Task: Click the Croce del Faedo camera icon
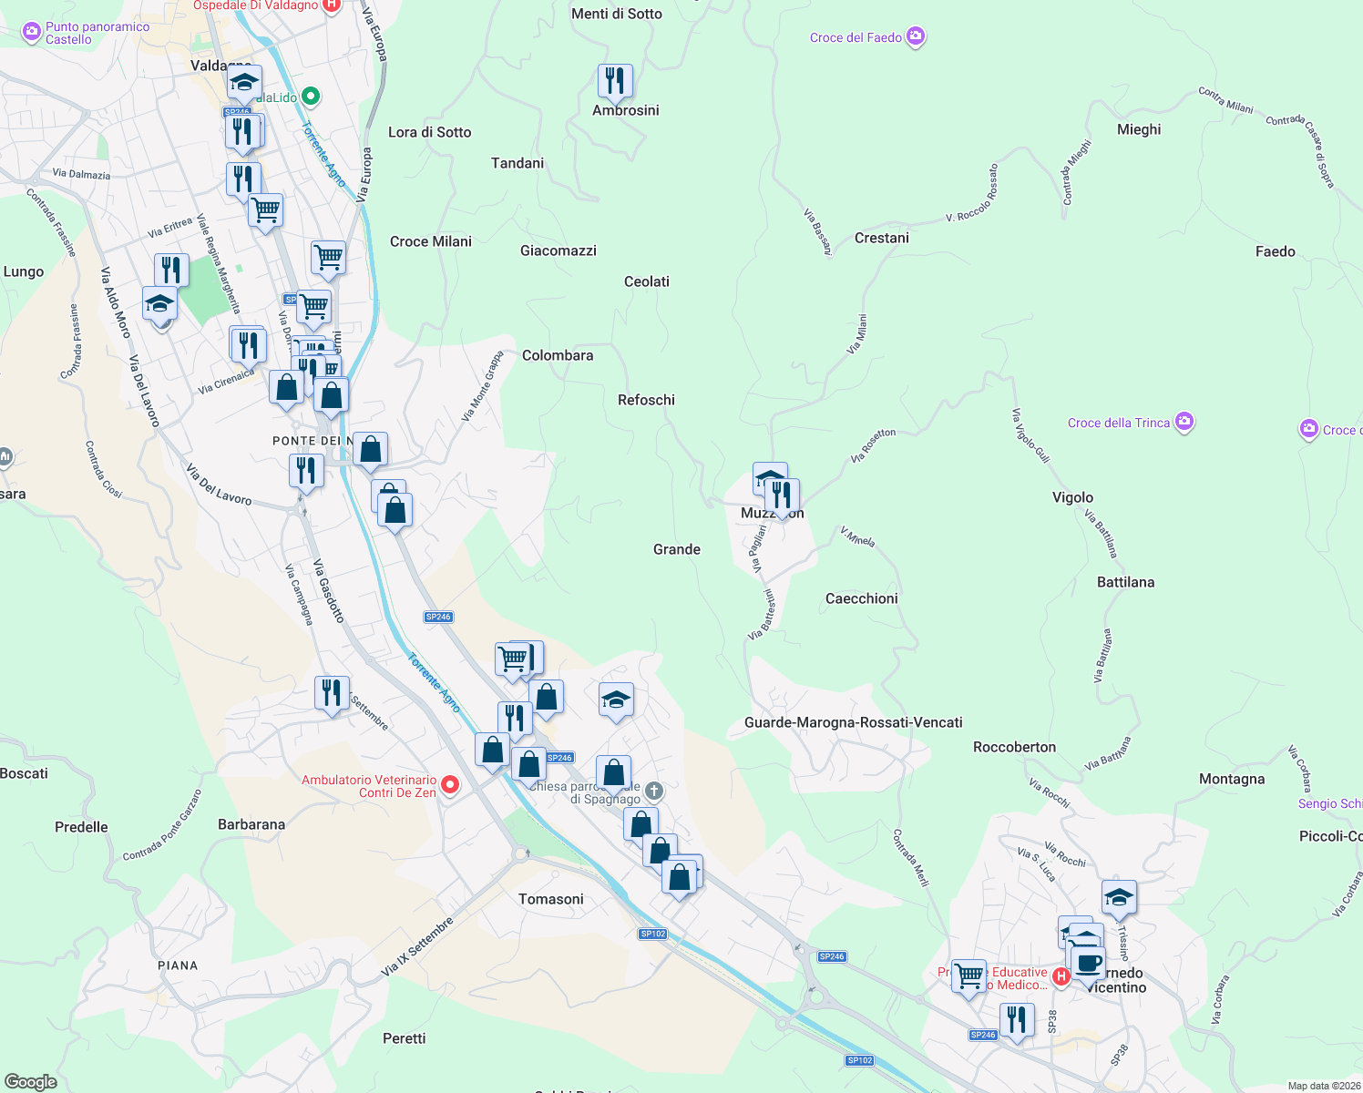point(916,37)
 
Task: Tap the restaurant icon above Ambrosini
point(616,81)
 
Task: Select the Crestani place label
point(881,238)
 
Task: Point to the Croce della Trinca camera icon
point(1184,422)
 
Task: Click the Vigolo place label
point(1072,497)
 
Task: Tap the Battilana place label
point(1125,582)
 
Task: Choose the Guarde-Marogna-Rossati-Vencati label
point(853,722)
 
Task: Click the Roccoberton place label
point(1014,747)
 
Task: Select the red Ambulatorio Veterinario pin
point(450,784)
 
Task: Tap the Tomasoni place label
point(550,899)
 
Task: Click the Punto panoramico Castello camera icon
point(32,32)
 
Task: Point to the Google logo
point(30,1081)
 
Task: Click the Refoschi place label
point(646,400)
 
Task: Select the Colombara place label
point(557,355)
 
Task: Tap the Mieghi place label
point(1138,129)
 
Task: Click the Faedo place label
point(1275,251)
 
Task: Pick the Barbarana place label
point(251,824)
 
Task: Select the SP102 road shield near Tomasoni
point(652,934)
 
